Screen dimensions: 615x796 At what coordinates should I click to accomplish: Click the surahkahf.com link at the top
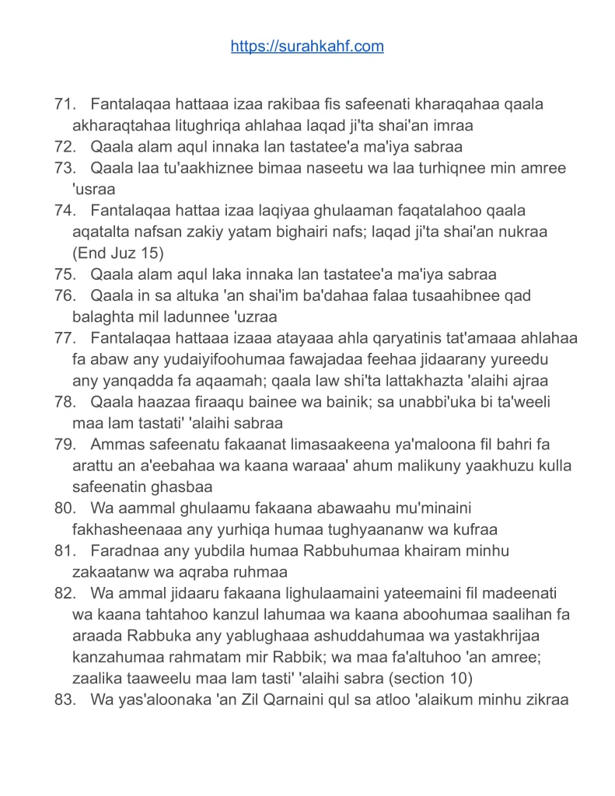(307, 47)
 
